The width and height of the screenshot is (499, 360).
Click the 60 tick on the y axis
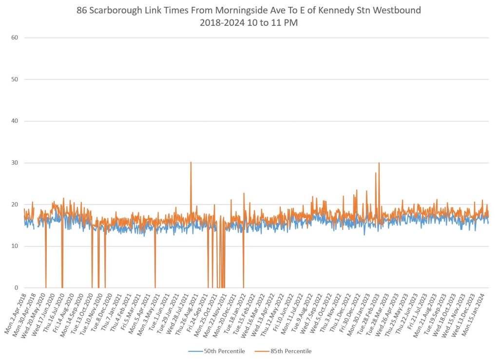coord(15,38)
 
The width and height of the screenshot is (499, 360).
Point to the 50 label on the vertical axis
coord(15,79)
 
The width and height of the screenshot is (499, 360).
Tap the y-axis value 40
coord(15,121)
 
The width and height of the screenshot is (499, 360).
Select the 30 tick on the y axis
coord(15,163)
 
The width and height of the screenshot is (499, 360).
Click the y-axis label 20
coord(15,205)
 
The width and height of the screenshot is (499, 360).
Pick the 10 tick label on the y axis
coord(15,246)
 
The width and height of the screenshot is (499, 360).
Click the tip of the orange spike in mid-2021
coord(191,162)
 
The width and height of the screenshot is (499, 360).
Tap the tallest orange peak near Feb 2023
coord(379,163)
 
